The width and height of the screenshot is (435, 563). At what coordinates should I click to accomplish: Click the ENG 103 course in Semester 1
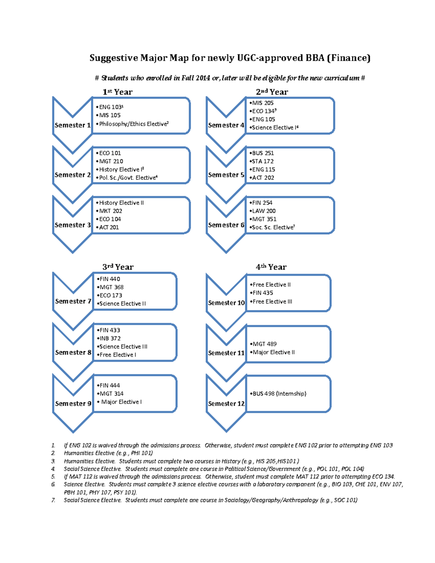(111, 107)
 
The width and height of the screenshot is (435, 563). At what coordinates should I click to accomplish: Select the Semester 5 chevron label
(226, 175)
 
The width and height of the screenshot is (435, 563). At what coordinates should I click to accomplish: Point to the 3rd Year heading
(118, 267)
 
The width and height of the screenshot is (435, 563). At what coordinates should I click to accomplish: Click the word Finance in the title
(348, 58)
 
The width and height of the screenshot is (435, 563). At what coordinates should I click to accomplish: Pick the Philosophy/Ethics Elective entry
(133, 124)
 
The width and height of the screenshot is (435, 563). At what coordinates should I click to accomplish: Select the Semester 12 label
(226, 403)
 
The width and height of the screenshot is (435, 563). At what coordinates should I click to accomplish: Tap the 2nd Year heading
(272, 92)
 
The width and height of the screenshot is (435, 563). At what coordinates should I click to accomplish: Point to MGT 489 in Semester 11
(264, 344)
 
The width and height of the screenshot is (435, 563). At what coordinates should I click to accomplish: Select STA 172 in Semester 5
(262, 161)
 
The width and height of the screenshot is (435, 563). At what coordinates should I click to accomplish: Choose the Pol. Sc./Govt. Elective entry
(128, 178)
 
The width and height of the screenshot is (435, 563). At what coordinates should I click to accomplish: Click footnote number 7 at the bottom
(53, 500)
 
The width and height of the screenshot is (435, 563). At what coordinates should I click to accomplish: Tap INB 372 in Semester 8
(110, 338)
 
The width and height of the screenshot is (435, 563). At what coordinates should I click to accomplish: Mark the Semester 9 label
(73, 403)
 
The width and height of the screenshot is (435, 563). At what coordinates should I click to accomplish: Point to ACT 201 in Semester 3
(109, 227)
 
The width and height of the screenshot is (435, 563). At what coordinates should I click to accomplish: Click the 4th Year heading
(271, 267)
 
